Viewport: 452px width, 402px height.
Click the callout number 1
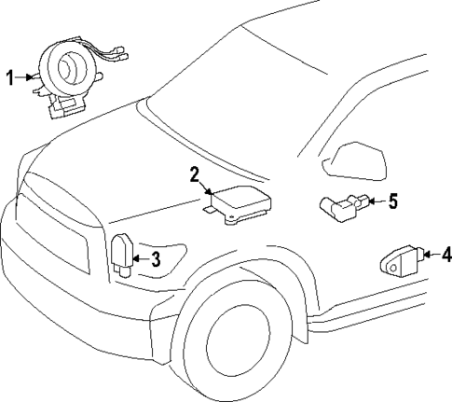pyautogui.click(x=11, y=78)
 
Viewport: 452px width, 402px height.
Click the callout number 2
pyautogui.click(x=195, y=173)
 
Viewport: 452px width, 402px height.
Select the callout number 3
pyautogui.click(x=157, y=259)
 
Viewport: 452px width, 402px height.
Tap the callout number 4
pyautogui.click(x=446, y=252)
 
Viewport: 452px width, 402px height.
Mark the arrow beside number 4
pyautogui.click(x=431, y=252)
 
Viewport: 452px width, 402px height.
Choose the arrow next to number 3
pyautogui.click(x=141, y=259)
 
